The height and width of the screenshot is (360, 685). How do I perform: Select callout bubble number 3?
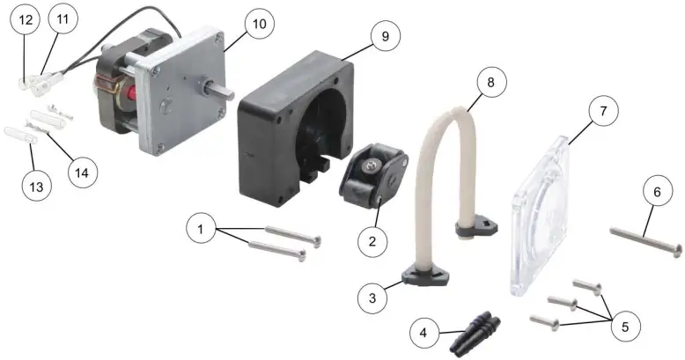372,298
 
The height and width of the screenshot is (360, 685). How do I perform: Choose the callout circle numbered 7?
602,112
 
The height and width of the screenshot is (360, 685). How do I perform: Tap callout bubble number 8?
490,83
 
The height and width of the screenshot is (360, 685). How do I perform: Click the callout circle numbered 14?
81,173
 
